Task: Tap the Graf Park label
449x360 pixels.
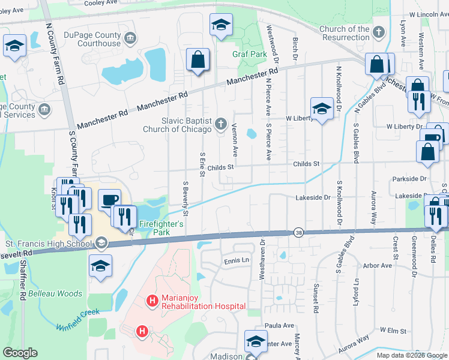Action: pos(249,54)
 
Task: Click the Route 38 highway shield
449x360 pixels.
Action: pos(298,232)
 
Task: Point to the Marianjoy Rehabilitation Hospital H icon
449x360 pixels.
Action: pos(153,300)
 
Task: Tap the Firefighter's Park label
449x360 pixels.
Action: pos(161,227)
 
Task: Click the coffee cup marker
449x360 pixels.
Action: pos(109,200)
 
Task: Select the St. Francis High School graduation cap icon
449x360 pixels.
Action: pos(101,243)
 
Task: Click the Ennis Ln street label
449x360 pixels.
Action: pos(236,260)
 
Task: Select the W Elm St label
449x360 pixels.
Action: pos(393,331)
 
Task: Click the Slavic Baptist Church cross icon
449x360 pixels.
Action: pos(220,124)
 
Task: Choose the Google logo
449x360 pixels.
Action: pos(20,353)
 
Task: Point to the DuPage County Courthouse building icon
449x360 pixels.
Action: pos(130,39)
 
